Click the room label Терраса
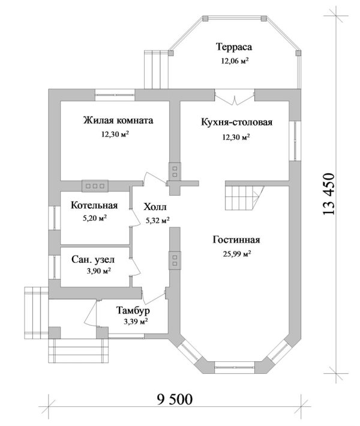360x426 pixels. point(234,46)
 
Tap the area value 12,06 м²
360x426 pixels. point(235,61)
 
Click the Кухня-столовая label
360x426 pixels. point(236,122)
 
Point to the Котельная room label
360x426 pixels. point(93,206)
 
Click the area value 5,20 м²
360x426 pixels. point(94,218)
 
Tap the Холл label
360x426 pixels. point(155,208)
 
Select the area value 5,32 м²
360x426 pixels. point(157,220)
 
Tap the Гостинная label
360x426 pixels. point(235,240)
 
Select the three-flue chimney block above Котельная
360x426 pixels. point(96,186)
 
